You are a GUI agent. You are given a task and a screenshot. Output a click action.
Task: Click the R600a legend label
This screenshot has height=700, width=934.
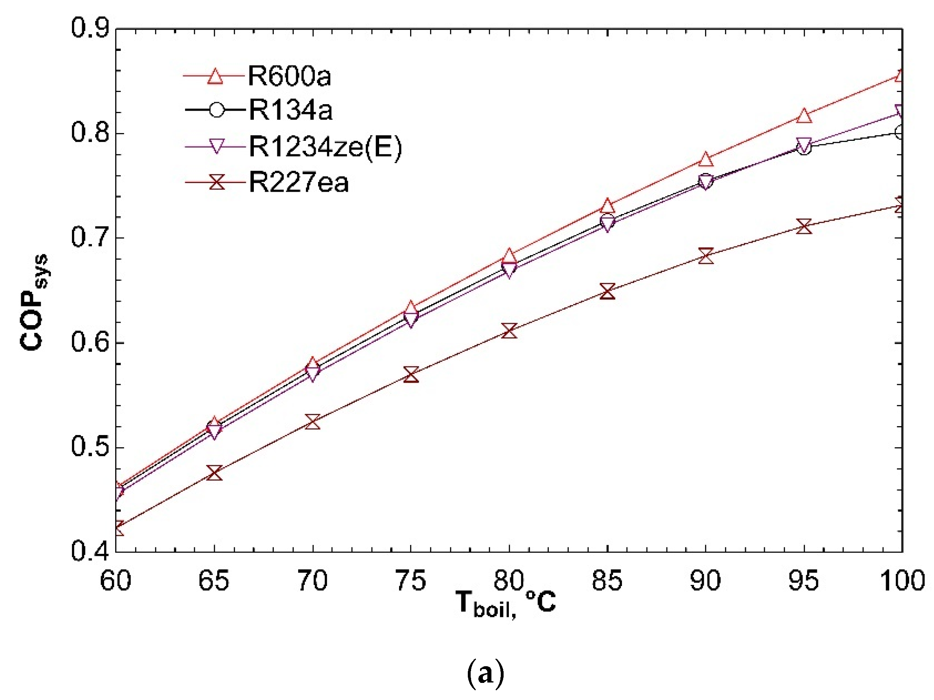[x=289, y=77]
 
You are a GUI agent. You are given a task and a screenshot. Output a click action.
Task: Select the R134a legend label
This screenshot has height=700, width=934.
[x=290, y=110]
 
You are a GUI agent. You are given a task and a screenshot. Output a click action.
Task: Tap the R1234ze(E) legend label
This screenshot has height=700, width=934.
[x=325, y=147]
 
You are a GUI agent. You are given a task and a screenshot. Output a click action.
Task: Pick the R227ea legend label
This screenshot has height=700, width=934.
[x=299, y=182]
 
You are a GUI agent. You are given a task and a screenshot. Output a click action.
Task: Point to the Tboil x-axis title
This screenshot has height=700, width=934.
[x=505, y=603]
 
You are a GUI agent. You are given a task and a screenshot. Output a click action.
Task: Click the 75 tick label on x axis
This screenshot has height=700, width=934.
[x=411, y=580]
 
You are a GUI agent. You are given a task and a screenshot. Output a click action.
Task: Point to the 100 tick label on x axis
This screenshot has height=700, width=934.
[x=902, y=580]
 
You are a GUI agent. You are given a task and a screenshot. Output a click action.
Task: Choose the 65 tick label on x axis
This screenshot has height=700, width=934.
[x=214, y=580]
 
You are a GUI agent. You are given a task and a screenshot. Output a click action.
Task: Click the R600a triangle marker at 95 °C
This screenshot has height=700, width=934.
[x=804, y=116]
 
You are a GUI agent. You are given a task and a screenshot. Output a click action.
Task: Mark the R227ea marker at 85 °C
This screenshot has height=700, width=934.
[x=607, y=291]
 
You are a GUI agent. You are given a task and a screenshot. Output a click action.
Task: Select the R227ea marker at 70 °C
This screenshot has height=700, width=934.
[x=312, y=422]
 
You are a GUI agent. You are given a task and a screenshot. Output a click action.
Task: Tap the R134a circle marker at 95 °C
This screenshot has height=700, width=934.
[x=804, y=148]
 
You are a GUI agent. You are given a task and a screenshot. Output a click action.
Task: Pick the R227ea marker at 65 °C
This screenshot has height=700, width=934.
[x=214, y=473]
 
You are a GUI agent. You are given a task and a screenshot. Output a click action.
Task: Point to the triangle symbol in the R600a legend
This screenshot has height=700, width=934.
[x=215, y=77]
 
